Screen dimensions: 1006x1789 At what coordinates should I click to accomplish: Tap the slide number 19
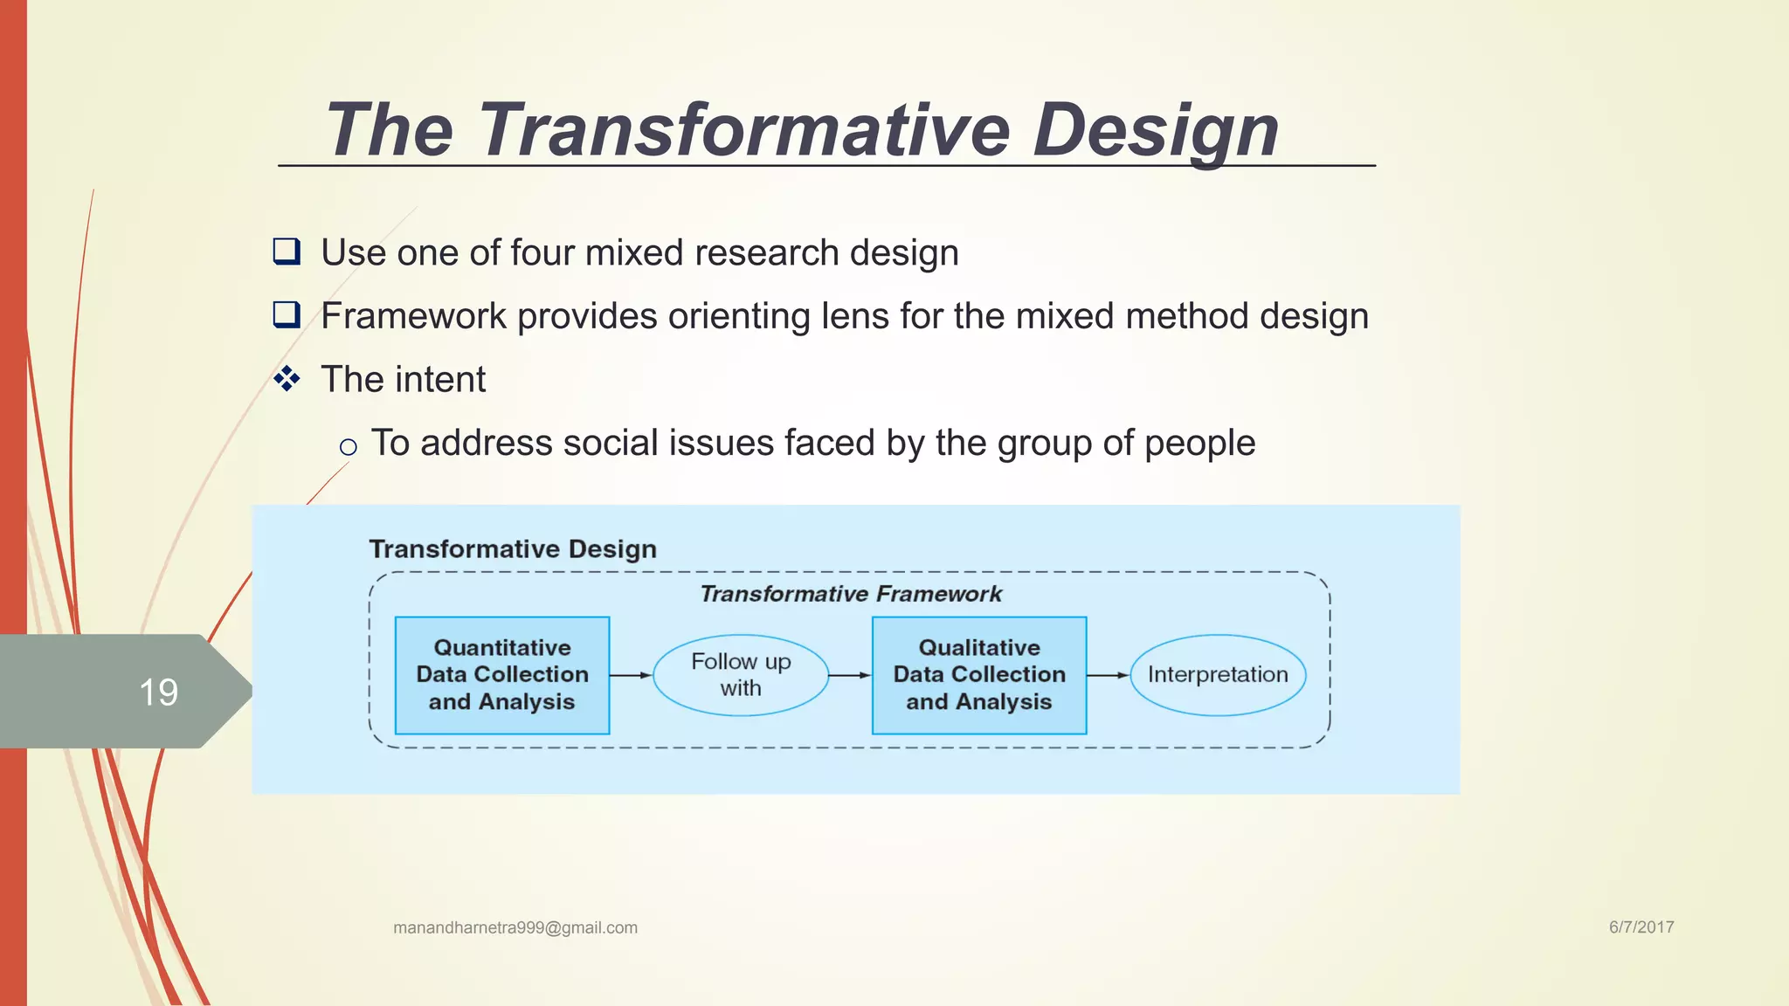click(158, 692)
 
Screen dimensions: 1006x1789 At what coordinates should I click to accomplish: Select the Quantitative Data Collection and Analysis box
click(502, 675)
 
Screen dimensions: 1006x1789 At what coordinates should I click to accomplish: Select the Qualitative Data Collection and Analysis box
click(979, 675)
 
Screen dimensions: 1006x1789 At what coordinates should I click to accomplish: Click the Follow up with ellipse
click(741, 675)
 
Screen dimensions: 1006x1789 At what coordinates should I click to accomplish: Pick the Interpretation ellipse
click(1218, 675)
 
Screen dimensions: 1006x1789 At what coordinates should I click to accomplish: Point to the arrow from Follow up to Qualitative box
click(849, 675)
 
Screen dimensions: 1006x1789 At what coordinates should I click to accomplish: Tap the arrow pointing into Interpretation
click(1108, 675)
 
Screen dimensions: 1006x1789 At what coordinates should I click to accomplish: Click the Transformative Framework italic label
click(850, 594)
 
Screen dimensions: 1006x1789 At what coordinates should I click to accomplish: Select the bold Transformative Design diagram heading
click(513, 549)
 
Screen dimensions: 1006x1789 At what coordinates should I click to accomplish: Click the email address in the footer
click(515, 927)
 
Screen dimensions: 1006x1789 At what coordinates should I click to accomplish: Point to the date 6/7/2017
click(1641, 927)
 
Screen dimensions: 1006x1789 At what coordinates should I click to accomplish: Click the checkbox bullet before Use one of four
click(287, 251)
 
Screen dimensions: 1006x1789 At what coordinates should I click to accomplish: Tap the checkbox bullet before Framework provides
click(287, 314)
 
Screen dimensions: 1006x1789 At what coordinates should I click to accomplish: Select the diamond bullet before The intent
click(287, 379)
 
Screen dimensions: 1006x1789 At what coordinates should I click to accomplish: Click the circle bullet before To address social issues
click(348, 447)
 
